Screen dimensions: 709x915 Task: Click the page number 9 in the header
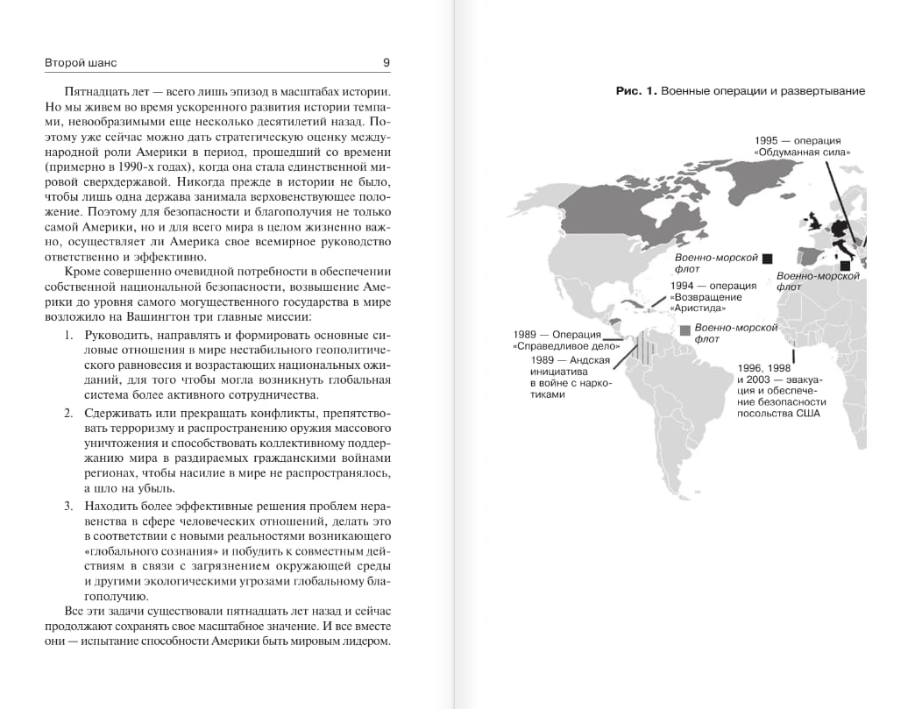coord(387,63)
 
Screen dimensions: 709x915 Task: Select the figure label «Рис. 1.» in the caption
coord(636,91)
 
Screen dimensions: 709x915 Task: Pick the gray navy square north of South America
coord(684,330)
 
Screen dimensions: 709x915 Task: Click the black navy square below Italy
coord(844,266)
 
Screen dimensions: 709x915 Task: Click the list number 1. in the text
coord(69,335)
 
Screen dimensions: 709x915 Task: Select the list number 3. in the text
coord(69,507)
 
